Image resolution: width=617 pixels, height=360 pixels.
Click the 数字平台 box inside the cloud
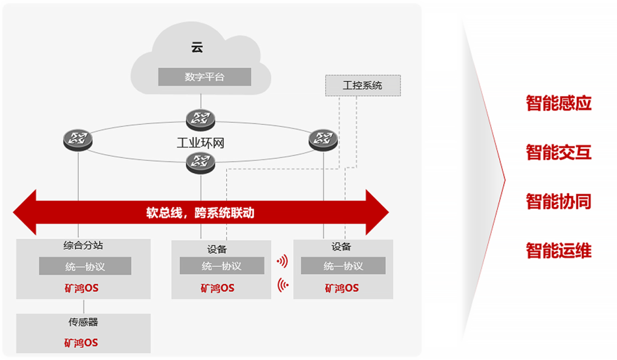pos(204,77)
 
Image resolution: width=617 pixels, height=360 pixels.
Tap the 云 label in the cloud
pos(197,48)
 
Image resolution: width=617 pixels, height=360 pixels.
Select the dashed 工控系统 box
pos(362,85)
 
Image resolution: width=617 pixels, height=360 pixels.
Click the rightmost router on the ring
pos(323,139)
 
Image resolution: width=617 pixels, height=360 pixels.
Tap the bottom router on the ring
pos(200,162)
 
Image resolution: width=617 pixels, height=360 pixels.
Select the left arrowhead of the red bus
pos(27,212)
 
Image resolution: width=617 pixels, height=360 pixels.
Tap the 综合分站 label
pos(83,246)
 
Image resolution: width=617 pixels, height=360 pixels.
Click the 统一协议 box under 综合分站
pos(85,266)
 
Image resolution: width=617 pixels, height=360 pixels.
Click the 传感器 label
pos(83,322)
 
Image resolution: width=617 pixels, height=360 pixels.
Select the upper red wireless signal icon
pos(282,261)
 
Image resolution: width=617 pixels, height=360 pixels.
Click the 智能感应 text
pos(558,103)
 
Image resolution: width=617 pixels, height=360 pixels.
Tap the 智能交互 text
pos(558,152)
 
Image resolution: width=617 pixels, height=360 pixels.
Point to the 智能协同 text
pos(558,201)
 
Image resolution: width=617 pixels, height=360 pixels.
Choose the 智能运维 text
pos(558,250)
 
